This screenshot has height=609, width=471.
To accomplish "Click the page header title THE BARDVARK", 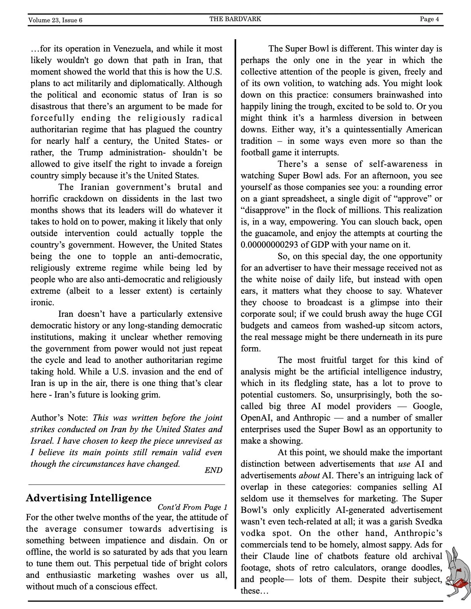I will click(x=235, y=19).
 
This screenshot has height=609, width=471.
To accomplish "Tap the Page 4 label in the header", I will click(x=429, y=19).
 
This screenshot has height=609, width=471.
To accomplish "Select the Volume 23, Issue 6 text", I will click(x=55, y=20).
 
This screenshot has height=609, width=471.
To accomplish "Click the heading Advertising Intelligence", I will click(x=89, y=498).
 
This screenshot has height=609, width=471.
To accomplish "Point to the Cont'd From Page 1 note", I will click(x=192, y=507).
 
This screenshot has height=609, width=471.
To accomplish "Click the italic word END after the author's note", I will click(x=213, y=470).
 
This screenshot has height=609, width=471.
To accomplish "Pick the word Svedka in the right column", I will click(x=428, y=521).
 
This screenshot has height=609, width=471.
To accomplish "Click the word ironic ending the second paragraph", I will click(x=42, y=302).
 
